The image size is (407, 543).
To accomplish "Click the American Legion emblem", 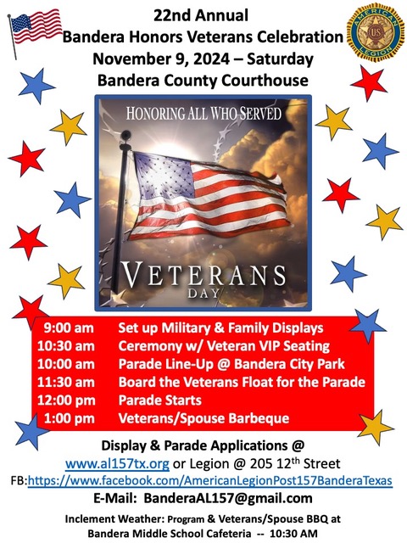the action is (376, 32).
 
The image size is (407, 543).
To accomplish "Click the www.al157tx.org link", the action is (117, 464).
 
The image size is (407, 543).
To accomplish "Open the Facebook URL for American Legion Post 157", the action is (210, 481).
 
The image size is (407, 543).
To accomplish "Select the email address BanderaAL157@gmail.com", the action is (228, 498).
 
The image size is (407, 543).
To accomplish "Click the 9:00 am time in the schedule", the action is (69, 328).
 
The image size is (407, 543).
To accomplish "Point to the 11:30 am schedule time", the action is (66, 382).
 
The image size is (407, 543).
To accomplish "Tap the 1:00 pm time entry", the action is (70, 418).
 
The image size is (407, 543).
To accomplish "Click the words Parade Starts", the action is (160, 400).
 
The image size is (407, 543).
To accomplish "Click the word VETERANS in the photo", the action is (203, 275).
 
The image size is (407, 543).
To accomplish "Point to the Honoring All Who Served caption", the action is (203, 114).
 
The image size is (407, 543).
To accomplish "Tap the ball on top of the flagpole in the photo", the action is (125, 134).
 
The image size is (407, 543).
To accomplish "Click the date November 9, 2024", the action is (161, 59).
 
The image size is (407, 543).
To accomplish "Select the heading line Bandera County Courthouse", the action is (203, 81).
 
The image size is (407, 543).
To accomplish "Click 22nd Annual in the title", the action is (201, 15).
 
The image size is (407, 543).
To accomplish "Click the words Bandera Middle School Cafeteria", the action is (170, 534).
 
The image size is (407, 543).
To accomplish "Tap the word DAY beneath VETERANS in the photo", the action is (203, 294).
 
